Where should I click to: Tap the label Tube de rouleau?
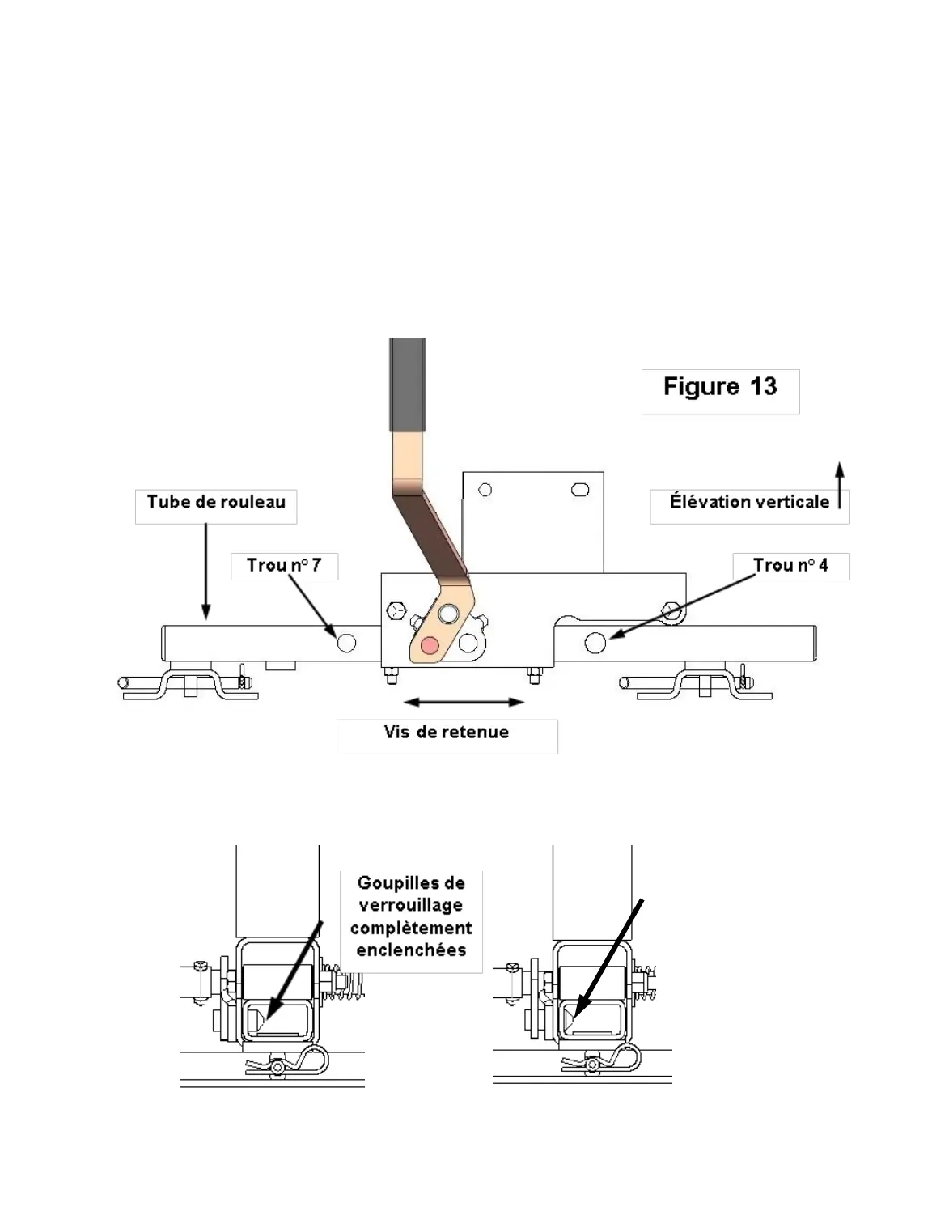tap(216, 503)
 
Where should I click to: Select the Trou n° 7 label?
tap(283, 565)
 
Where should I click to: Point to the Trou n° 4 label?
tap(790, 565)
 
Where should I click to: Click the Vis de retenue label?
tap(447, 733)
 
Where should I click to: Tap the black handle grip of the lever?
tap(407, 385)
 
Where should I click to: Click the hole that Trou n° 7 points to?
tap(346, 643)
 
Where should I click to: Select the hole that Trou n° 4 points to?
tap(595, 643)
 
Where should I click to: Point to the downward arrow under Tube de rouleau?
tap(205, 571)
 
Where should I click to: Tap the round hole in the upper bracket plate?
tap(485, 490)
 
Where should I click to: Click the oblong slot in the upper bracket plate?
tap(580, 489)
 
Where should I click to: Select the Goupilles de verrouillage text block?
tap(411, 916)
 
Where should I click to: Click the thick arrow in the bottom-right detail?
tap(608, 958)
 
